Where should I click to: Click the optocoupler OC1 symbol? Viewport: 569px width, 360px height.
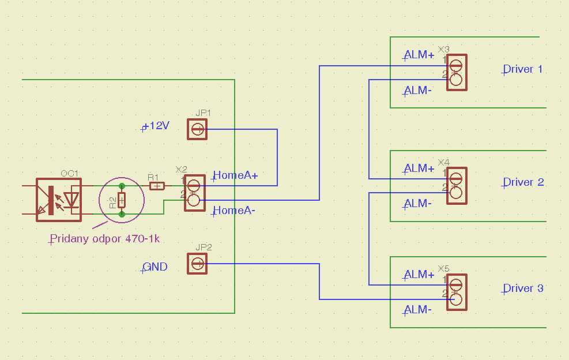click(x=59, y=200)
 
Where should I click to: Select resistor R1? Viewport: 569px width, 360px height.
click(x=157, y=186)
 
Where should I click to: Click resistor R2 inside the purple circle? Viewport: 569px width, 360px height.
click(x=122, y=200)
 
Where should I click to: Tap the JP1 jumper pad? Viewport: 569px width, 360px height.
click(x=197, y=129)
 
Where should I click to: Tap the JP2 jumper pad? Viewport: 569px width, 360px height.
click(x=197, y=264)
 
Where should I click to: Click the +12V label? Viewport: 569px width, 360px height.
click(x=156, y=126)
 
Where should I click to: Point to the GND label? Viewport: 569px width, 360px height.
click(x=155, y=267)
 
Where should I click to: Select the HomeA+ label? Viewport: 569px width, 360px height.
click(x=235, y=175)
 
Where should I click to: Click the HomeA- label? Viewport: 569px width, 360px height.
click(x=234, y=211)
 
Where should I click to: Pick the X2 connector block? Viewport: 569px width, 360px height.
click(x=194, y=193)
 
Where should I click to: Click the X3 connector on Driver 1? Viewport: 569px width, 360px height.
click(x=456, y=72)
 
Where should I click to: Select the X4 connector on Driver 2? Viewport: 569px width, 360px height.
click(x=456, y=185)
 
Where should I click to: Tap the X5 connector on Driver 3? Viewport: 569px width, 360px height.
click(x=456, y=291)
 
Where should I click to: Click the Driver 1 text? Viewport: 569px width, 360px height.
click(x=523, y=69)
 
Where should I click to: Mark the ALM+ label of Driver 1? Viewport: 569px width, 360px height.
click(x=419, y=55)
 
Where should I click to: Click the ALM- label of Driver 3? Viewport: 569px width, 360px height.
click(x=418, y=310)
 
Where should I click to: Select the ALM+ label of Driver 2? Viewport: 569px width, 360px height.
click(x=419, y=168)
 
